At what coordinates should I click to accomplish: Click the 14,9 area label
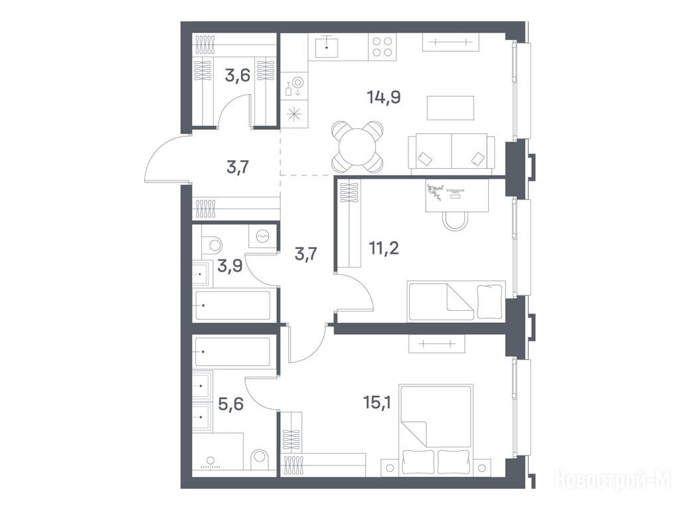[x=383, y=97]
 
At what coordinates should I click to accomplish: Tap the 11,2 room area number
[x=383, y=248]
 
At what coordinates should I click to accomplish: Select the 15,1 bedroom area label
[x=377, y=402]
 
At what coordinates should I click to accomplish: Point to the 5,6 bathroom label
[x=230, y=404]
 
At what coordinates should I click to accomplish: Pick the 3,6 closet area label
[x=238, y=76]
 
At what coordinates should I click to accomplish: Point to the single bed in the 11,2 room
[x=456, y=301]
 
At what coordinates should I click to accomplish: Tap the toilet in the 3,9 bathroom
[x=212, y=244]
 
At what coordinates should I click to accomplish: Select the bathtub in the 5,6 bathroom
[x=233, y=351]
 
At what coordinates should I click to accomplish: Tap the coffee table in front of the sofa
[x=451, y=108]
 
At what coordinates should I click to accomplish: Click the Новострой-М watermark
[x=612, y=479]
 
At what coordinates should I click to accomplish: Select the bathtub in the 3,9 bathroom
[x=233, y=305]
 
